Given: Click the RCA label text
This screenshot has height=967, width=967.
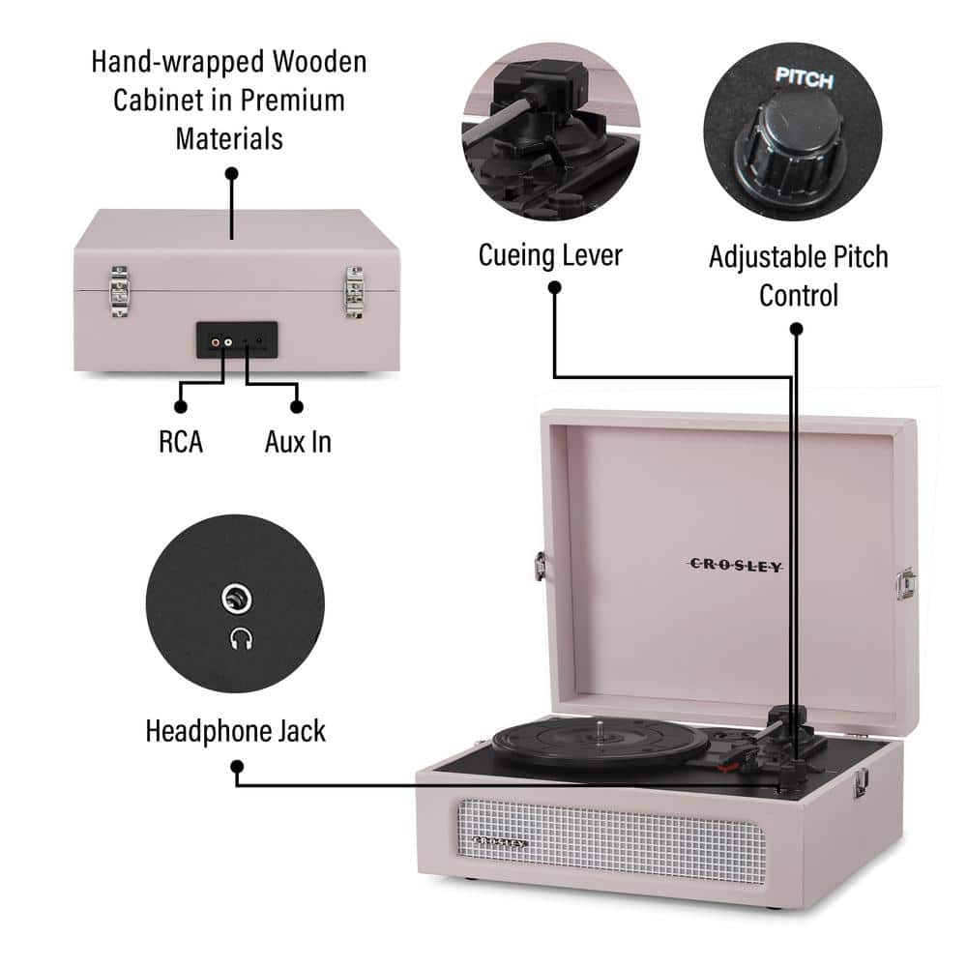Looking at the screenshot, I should point(181,442).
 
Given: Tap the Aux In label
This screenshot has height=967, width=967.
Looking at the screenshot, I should point(298,442).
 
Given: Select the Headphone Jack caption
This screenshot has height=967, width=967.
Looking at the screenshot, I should point(235,730).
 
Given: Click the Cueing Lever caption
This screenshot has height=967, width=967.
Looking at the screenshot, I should point(550,255).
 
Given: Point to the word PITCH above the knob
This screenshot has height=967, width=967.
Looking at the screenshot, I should point(804,80).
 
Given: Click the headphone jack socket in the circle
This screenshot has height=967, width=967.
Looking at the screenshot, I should point(235,600).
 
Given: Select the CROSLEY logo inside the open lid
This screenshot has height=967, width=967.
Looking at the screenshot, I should point(735,566).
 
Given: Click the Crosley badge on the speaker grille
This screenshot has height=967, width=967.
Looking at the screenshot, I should point(501,843).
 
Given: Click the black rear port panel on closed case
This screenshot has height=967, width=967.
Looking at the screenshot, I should point(237,340).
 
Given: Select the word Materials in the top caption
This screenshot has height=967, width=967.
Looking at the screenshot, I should point(229,137).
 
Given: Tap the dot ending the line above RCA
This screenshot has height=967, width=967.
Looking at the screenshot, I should point(181,407).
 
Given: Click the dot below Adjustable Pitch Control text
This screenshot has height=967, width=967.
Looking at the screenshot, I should point(797,329).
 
